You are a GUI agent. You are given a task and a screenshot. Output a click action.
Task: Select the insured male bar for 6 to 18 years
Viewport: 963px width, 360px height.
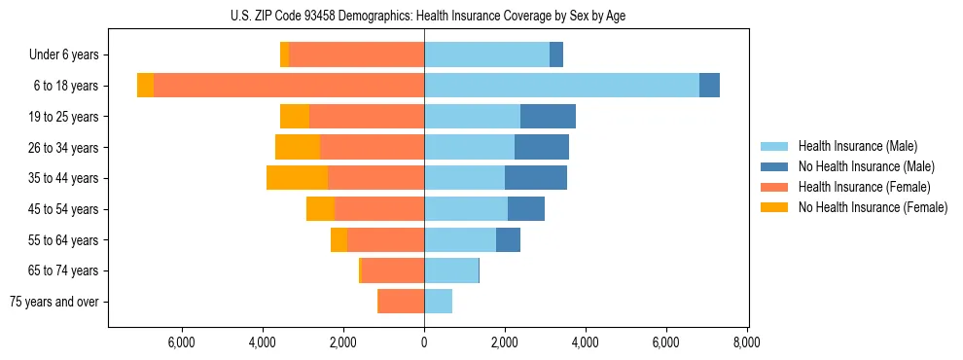click(561, 86)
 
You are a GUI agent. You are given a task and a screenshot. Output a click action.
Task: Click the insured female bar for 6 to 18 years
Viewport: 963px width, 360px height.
click(289, 86)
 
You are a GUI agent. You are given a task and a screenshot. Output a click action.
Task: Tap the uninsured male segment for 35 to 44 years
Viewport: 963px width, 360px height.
click(536, 178)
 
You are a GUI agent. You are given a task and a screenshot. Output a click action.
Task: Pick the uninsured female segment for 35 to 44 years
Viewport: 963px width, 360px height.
click(297, 178)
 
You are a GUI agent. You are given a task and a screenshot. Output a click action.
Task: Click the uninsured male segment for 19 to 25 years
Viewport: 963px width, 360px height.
click(548, 117)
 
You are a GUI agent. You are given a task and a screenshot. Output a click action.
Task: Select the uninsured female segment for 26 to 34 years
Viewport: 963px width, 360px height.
click(298, 147)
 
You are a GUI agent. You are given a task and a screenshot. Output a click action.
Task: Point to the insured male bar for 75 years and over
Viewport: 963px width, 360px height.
click(438, 302)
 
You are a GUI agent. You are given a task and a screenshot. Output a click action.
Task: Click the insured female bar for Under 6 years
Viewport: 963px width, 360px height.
click(356, 54)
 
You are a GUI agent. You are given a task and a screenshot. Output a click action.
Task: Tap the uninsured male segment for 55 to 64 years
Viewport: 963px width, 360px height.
click(508, 239)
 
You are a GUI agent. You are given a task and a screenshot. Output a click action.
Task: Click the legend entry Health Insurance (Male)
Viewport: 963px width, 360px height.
click(857, 146)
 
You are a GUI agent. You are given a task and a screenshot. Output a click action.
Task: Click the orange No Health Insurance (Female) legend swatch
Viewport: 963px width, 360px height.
click(775, 207)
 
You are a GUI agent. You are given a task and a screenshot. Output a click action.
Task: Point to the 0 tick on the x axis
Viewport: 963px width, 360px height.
click(424, 342)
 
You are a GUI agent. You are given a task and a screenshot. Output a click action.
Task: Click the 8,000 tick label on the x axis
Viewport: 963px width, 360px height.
click(746, 342)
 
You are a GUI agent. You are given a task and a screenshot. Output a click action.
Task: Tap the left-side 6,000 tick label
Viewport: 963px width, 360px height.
click(182, 342)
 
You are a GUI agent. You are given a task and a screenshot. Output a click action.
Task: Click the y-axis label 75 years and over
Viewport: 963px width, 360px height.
click(54, 302)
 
